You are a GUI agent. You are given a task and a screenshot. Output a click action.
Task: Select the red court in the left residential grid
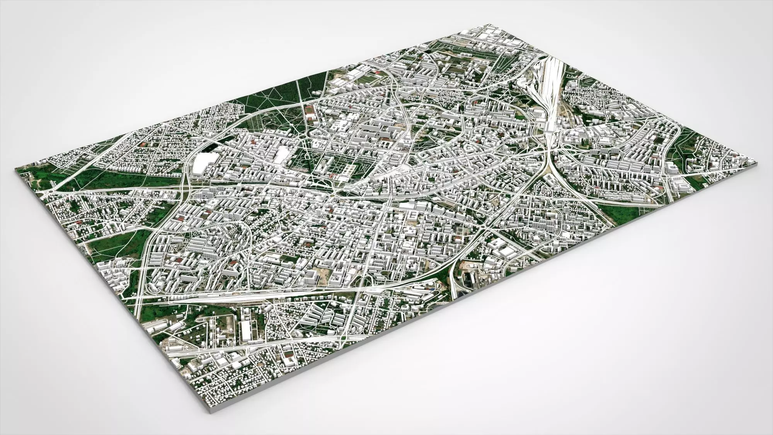(x=144, y=144)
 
